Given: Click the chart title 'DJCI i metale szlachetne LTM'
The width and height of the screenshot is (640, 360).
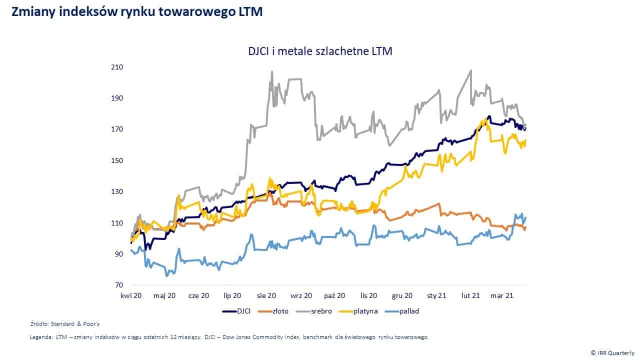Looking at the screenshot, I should click(319, 51).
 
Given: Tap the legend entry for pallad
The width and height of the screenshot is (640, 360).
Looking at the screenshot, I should click(402, 311).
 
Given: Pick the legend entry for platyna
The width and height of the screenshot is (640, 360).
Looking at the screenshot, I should click(358, 311).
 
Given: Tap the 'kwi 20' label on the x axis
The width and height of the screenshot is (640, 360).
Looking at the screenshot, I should click(131, 296).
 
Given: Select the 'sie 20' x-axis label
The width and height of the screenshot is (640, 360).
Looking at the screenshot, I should click(266, 296).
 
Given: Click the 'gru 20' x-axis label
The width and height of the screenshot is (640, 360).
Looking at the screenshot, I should click(402, 296).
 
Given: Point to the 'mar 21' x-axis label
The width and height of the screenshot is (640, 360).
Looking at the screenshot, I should click(501, 296).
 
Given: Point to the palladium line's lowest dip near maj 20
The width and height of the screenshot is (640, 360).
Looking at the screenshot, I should click(167, 275).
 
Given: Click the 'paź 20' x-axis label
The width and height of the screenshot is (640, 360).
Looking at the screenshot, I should click(334, 296).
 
